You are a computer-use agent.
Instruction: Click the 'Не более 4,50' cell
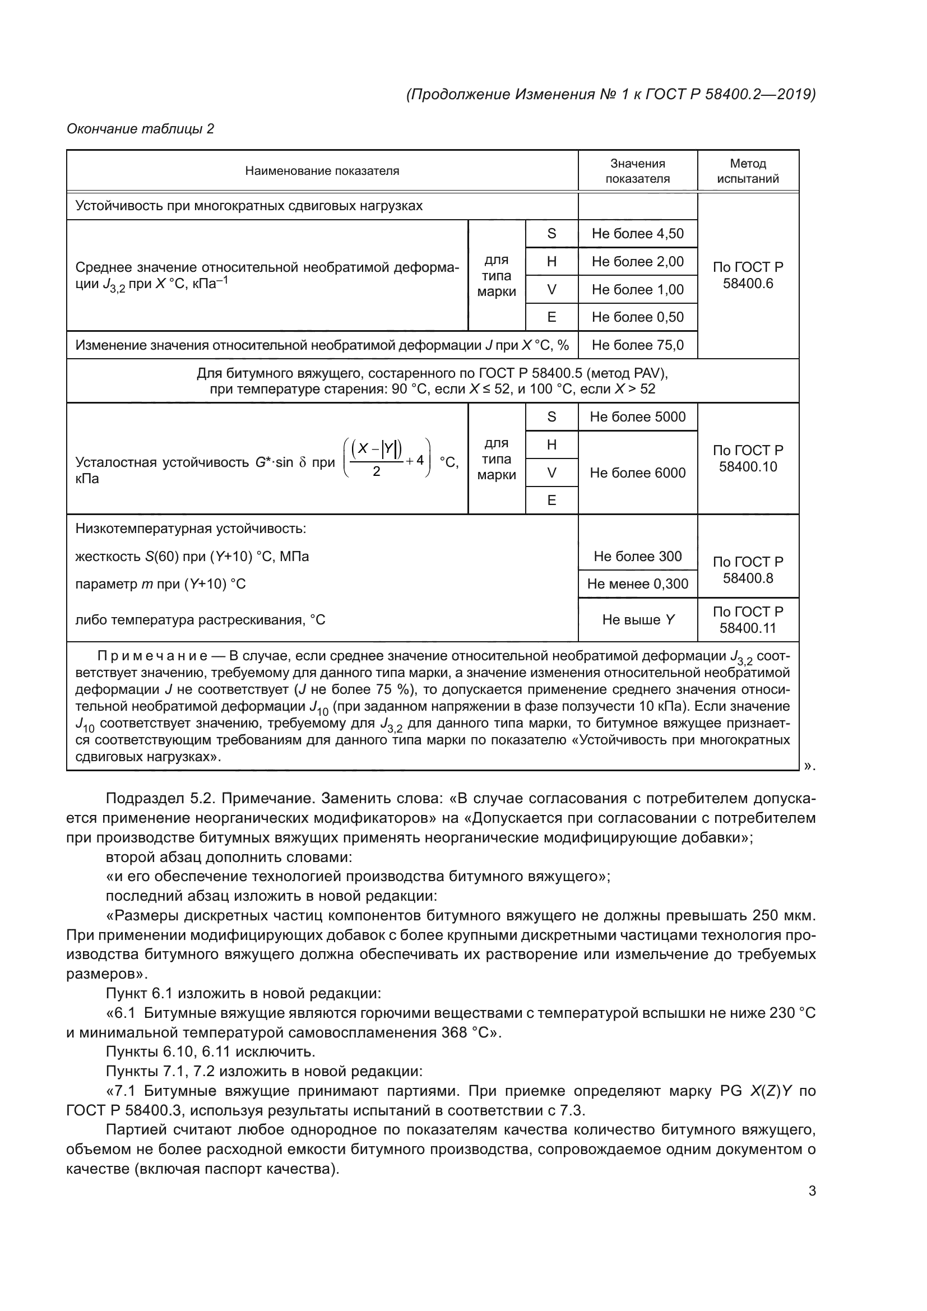click(637, 234)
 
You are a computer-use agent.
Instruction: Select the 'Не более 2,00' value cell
click(637, 262)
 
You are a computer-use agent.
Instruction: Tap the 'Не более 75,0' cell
click(637, 345)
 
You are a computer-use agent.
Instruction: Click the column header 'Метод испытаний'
click(747, 171)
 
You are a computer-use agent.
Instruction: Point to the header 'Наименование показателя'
click(322, 171)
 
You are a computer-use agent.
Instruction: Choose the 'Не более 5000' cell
click(637, 417)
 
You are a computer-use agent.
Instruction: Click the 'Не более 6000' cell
click(637, 473)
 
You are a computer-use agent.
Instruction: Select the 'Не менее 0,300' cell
click(637, 583)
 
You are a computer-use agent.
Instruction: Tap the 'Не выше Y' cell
click(637, 619)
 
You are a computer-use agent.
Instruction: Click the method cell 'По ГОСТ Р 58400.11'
click(747, 619)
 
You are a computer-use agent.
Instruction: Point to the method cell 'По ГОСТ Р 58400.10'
click(747, 458)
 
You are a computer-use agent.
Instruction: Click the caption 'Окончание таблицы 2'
click(141, 129)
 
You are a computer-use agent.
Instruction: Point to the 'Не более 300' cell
click(637, 556)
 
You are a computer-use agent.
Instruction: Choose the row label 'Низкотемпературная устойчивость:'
click(191, 529)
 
